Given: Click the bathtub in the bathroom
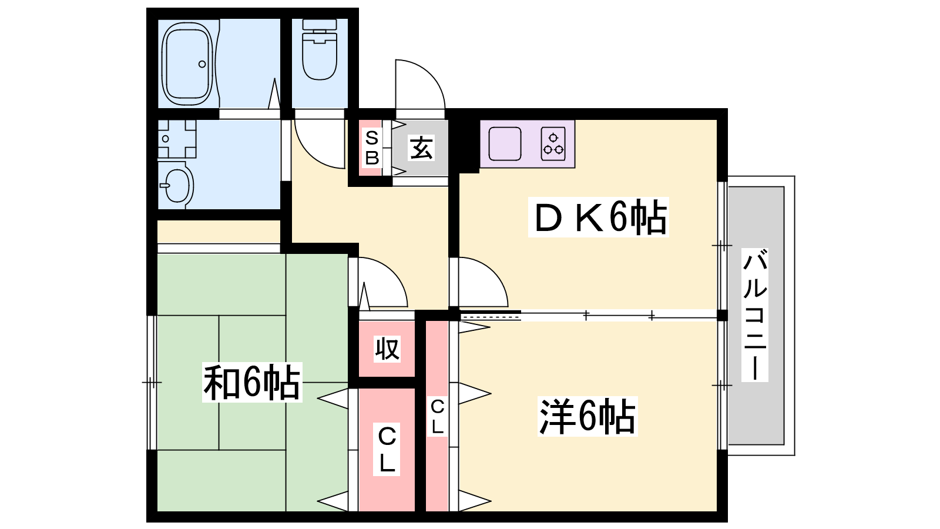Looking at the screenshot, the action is pyautogui.click(x=187, y=64).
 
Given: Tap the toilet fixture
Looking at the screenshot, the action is pyautogui.click(x=320, y=49).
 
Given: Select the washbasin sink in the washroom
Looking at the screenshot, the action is pyautogui.click(x=177, y=185).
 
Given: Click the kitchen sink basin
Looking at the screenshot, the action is pyautogui.click(x=505, y=143).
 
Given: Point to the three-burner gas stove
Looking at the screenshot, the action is pyautogui.click(x=553, y=143).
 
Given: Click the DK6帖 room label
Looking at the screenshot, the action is pyautogui.click(x=599, y=217).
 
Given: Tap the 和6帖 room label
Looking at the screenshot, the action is pyautogui.click(x=252, y=383).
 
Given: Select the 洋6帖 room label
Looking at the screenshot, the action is pyautogui.click(x=587, y=416).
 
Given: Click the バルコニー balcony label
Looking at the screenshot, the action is pyautogui.click(x=754, y=314).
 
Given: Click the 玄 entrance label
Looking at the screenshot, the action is pyautogui.click(x=421, y=148).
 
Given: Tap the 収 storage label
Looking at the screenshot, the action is pyautogui.click(x=387, y=349).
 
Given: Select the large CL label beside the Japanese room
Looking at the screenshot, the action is pyautogui.click(x=387, y=449).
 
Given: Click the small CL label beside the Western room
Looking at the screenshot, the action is pyautogui.click(x=437, y=417).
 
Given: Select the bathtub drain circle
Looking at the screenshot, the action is pyautogui.click(x=202, y=64).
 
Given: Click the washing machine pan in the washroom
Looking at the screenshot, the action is pyautogui.click(x=177, y=139).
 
